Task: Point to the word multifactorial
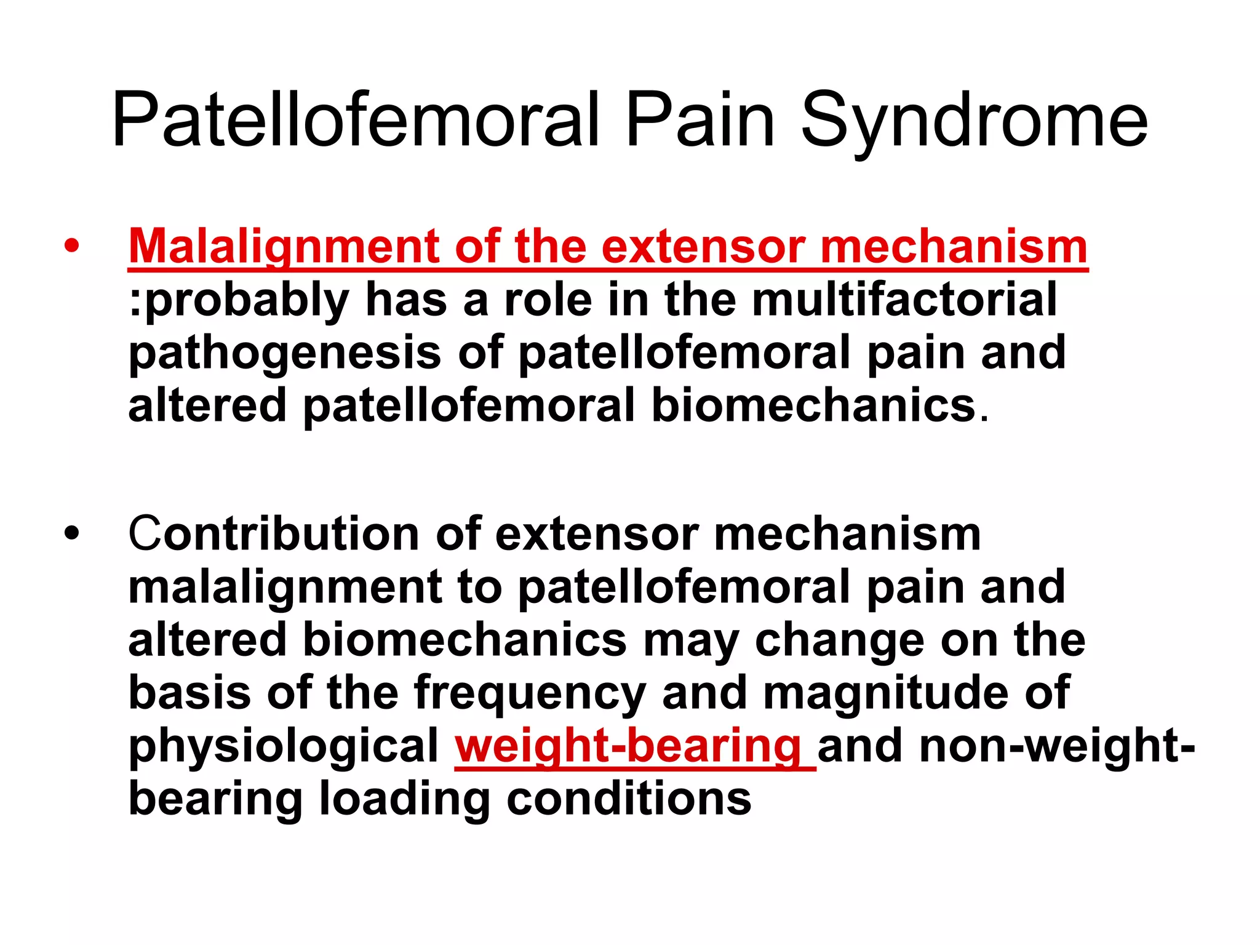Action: [904, 300]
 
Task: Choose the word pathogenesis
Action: [285, 353]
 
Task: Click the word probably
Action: [246, 300]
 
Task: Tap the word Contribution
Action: [273, 534]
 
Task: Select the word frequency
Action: [530, 693]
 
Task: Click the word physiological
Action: [284, 746]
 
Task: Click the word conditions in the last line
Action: [629, 799]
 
